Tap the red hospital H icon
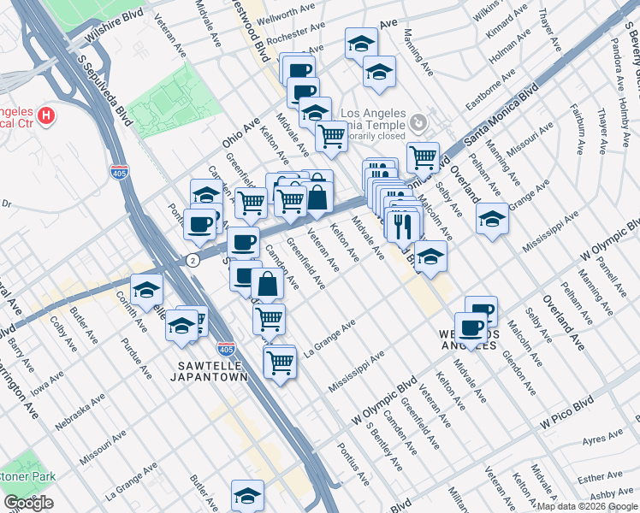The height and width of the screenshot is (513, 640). (x=48, y=115)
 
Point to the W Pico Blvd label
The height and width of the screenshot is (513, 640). (x=566, y=412)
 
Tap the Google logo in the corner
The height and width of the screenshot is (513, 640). (x=28, y=503)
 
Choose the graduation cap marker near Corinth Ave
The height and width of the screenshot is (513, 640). (x=146, y=289)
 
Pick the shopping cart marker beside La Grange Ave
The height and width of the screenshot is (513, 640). (x=279, y=362)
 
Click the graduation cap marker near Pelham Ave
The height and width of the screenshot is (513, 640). (x=492, y=218)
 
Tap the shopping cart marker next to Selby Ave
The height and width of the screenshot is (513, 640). (x=423, y=156)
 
